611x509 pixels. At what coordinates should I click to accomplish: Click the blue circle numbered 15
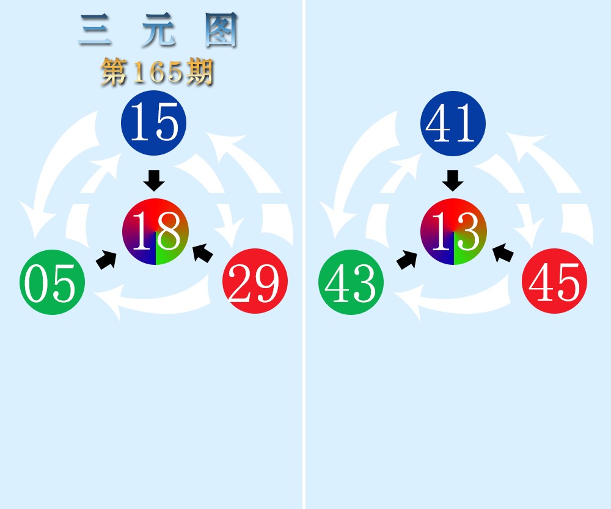(153, 123)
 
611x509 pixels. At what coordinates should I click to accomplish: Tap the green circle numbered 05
(52, 282)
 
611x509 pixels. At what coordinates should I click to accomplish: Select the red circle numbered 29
(255, 281)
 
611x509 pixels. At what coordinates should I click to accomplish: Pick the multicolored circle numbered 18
(155, 231)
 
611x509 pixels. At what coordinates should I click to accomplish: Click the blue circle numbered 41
(453, 123)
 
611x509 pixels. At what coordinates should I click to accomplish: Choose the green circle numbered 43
(351, 282)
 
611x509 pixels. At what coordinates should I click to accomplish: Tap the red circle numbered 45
(555, 281)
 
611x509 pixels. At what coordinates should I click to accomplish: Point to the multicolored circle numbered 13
(453, 231)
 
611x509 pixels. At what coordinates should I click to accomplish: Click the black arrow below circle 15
(154, 181)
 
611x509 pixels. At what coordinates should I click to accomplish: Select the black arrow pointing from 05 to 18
(106, 259)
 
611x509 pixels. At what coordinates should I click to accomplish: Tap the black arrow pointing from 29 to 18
(203, 253)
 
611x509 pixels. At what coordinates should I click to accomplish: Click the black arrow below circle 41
(453, 181)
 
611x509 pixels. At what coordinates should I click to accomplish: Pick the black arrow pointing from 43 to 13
(406, 259)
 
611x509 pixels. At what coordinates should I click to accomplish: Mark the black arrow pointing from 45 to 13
(503, 253)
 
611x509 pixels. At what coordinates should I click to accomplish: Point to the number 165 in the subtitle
(158, 72)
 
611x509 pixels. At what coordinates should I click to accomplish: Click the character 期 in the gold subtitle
(200, 71)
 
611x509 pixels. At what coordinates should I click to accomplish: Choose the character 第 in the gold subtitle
(114, 71)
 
